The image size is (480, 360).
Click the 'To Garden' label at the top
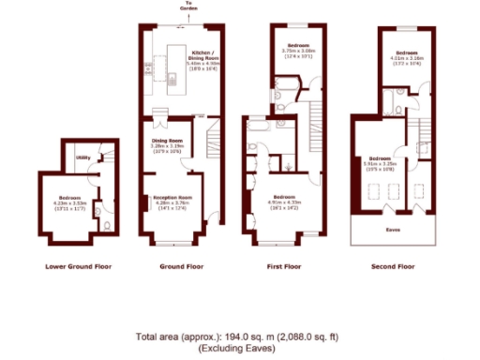point(190,7)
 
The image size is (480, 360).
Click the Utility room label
point(82,157)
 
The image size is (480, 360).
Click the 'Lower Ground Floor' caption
point(79,266)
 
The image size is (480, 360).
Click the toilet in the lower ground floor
point(111,225)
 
